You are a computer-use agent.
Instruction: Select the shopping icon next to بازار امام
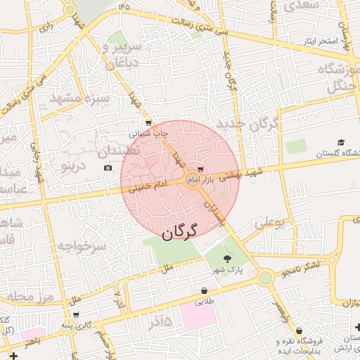tap(202, 169)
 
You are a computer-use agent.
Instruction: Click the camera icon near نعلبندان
tap(108, 167)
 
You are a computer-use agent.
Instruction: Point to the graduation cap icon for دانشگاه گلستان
tap(342, 142)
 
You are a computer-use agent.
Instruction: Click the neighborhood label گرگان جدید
tap(249, 125)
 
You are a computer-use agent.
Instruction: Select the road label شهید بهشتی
tap(240, 174)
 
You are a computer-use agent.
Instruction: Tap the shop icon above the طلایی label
tap(204, 290)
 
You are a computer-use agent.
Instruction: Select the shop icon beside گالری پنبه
tap(76, 314)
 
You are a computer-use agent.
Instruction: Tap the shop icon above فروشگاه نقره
tap(300, 330)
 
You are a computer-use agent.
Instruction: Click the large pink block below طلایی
tap(198, 314)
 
